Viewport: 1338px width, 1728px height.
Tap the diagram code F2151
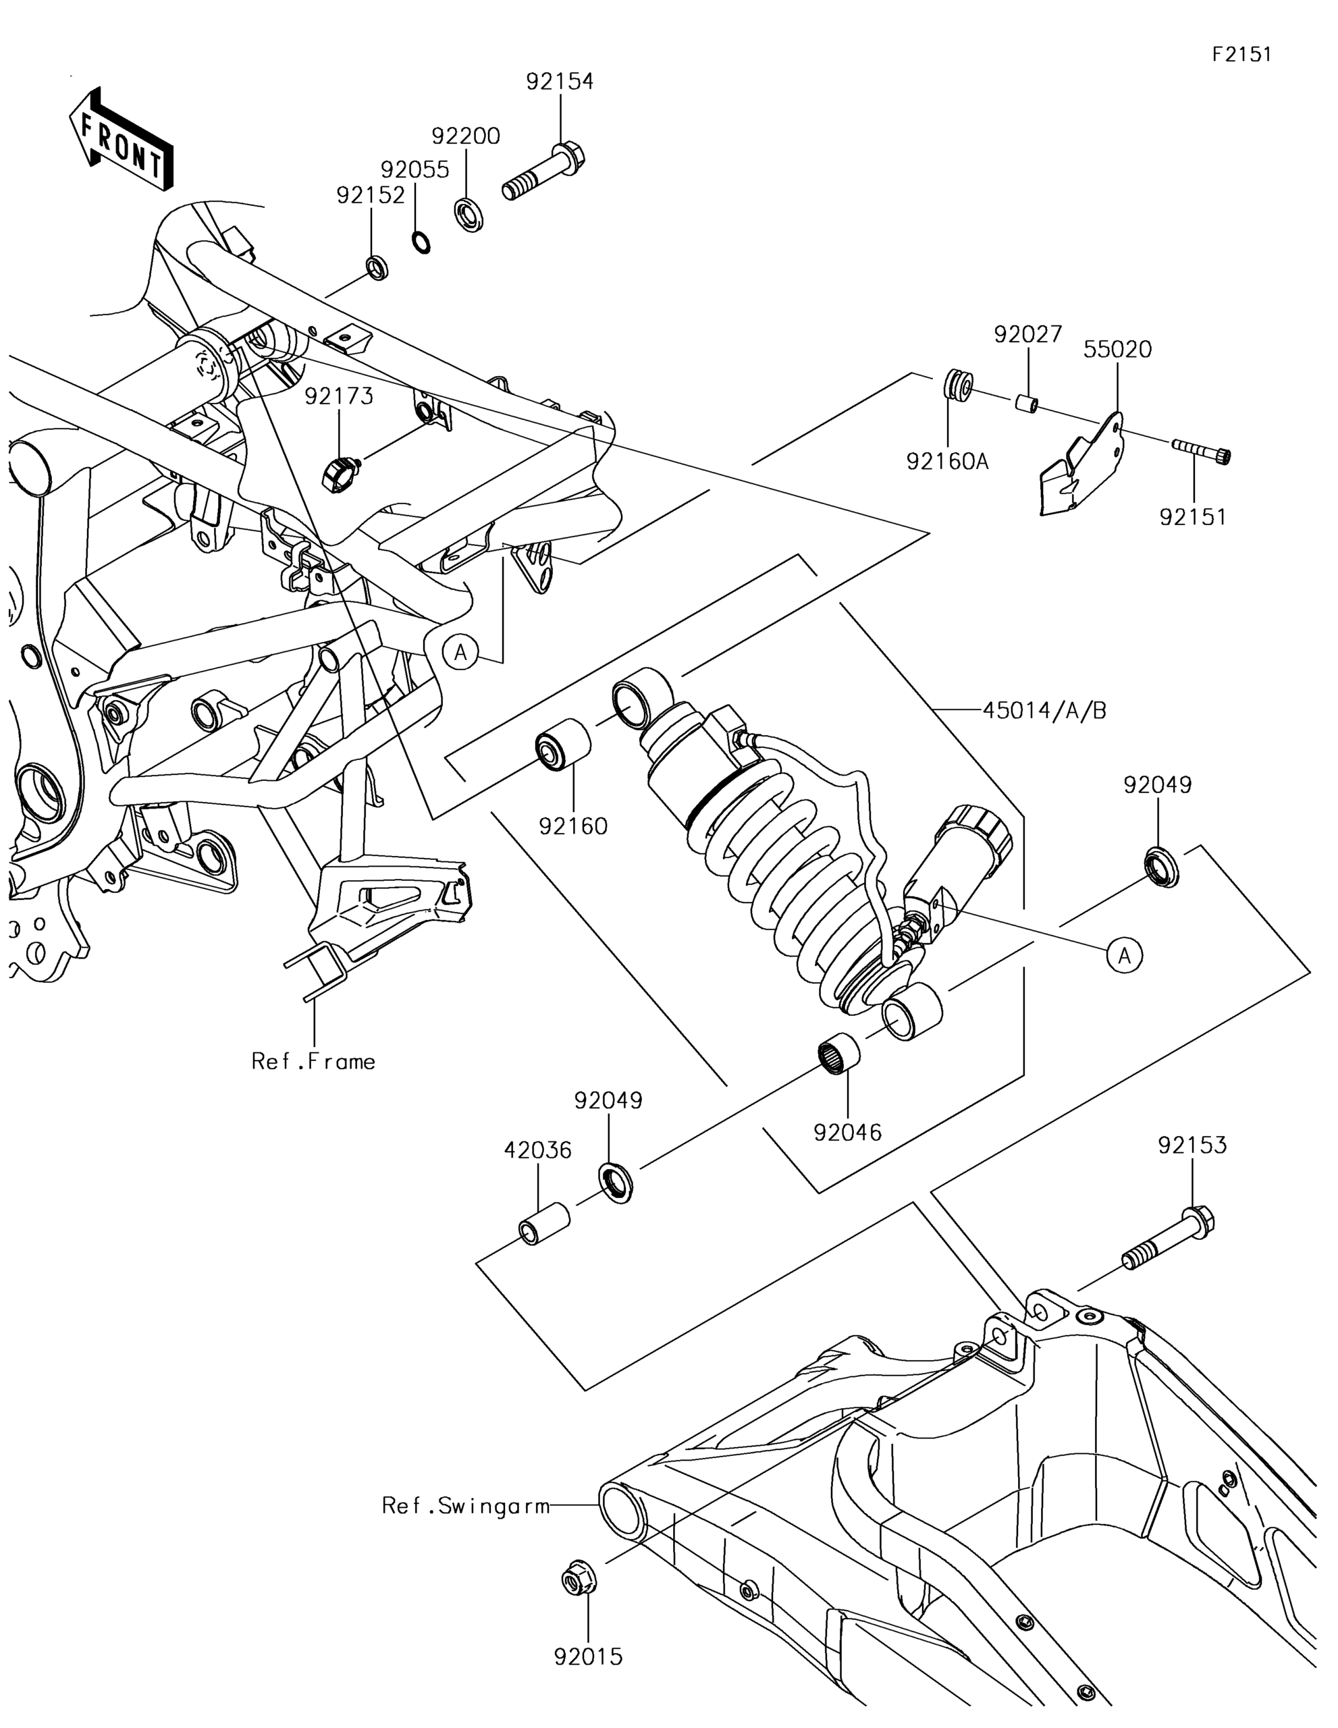click(1241, 54)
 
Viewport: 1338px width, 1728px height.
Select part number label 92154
click(560, 82)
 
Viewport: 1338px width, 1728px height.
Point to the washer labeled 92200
click(470, 215)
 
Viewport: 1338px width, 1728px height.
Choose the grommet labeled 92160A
click(958, 385)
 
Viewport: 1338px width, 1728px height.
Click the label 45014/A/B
click(1044, 711)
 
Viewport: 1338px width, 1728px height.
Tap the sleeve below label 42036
click(544, 1223)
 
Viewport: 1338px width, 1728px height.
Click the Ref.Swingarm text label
click(466, 1505)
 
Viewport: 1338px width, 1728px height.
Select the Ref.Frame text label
click(313, 1061)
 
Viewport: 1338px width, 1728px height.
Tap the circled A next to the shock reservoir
click(1125, 956)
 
